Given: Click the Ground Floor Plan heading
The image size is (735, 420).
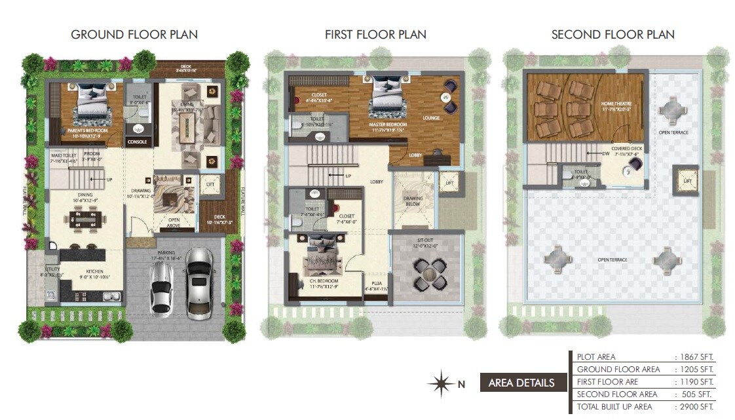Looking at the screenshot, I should [x=134, y=34].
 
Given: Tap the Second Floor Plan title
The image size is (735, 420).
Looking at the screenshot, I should [x=612, y=34].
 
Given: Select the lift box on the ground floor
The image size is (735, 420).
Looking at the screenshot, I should [x=210, y=185].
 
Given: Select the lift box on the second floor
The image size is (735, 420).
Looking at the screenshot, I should [x=686, y=180].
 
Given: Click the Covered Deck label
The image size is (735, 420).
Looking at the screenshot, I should [x=626, y=151].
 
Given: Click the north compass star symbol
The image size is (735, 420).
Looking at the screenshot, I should [x=441, y=383].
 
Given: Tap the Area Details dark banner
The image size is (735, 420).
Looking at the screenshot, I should [x=521, y=383].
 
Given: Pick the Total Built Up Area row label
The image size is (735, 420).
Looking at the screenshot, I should [x=614, y=407].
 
